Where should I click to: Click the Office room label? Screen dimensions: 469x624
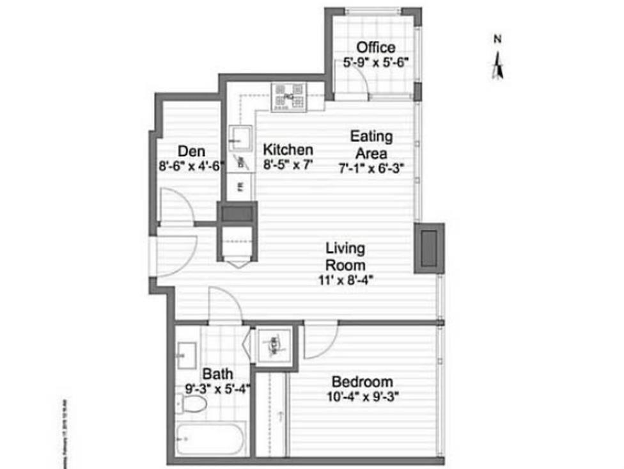pos(376,47)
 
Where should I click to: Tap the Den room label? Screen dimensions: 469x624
pos(191,152)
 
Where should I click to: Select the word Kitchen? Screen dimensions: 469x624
pos(288,150)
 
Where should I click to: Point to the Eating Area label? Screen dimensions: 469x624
pos(371,145)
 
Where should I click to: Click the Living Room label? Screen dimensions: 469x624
pos(345,256)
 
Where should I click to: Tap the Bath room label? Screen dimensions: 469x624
pos(217,373)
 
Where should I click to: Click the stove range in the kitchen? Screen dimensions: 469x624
pos(288,97)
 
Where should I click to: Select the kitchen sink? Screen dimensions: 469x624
pos(241,138)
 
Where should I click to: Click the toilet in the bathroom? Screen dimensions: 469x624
pos(194,403)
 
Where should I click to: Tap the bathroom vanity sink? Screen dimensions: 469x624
pos(187,351)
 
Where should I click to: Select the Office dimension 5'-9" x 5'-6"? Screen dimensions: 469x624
pos(376,63)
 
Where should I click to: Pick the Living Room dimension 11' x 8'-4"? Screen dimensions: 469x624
pos(345,279)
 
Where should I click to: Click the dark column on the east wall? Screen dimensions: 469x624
pos(428,247)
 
